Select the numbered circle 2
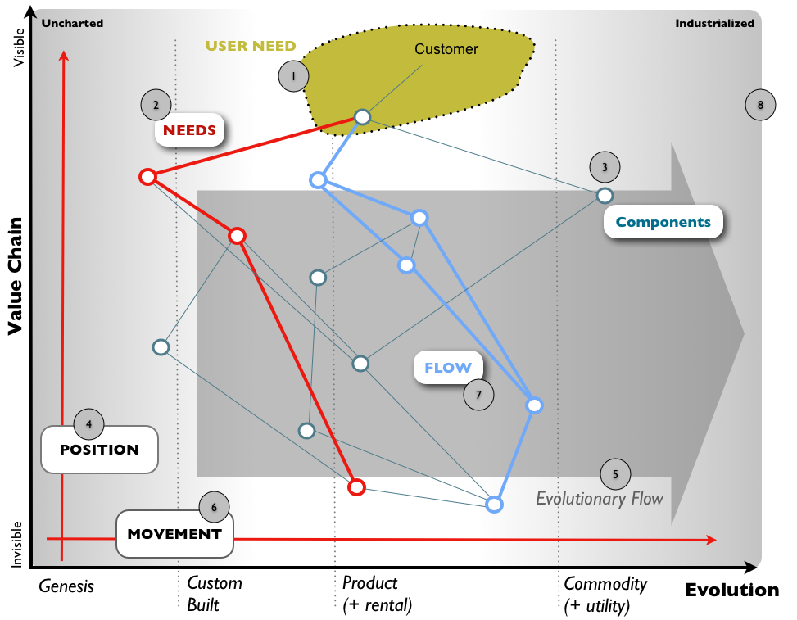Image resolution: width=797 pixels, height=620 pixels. (156, 104)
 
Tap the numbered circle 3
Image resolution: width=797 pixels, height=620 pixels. (605, 167)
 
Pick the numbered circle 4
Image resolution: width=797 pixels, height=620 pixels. (88, 423)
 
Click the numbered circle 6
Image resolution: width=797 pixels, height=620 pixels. (215, 507)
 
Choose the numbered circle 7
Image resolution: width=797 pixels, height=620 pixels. (478, 395)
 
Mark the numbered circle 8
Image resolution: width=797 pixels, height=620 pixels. (761, 104)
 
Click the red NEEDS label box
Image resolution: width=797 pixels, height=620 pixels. (189, 130)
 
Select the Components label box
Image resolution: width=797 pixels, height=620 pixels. (663, 222)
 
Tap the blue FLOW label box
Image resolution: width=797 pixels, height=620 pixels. (448, 368)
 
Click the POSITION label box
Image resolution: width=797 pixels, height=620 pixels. (99, 450)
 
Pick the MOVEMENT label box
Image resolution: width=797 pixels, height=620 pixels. (174, 534)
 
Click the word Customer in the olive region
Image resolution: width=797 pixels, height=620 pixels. (446, 49)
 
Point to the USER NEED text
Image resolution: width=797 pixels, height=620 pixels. (251, 46)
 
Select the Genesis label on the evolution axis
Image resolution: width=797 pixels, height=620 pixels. (67, 586)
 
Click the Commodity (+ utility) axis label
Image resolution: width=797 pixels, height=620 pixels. (605, 595)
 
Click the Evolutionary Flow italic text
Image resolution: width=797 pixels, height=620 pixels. (599, 498)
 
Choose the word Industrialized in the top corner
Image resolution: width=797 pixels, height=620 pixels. (714, 23)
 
